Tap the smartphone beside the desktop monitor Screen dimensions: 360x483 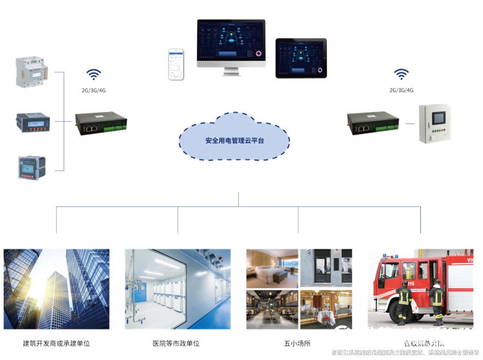176,64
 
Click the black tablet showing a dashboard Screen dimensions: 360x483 300,58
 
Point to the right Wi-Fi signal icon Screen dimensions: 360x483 401,74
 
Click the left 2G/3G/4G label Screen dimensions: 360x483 95,90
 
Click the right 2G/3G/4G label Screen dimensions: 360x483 401,90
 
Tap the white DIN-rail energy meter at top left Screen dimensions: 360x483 30,71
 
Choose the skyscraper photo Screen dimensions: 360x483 56,288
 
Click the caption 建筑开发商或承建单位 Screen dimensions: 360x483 56,343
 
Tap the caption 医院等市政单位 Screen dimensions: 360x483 176,343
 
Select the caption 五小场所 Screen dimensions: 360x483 297,343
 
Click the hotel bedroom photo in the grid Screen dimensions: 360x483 272,268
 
